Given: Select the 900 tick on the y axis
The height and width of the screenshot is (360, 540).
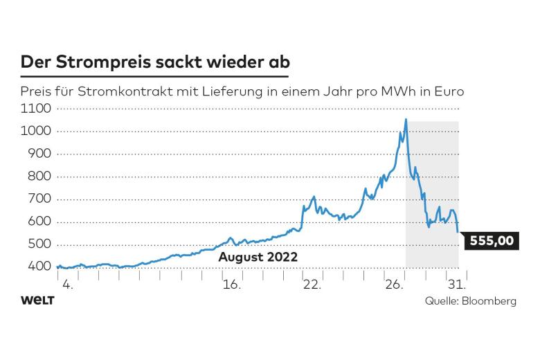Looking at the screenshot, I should [40, 154].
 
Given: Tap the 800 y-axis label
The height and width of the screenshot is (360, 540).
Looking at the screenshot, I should [40, 177].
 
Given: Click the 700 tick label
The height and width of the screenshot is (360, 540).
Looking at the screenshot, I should [40, 199].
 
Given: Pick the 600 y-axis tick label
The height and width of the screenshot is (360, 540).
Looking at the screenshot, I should [40, 222].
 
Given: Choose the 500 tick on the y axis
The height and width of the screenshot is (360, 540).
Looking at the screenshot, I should [40, 244].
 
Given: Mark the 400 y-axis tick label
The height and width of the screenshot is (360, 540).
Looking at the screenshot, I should [40, 267].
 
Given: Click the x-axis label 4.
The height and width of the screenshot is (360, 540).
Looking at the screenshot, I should [67, 284].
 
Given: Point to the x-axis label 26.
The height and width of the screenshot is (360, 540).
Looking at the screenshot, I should [393, 284].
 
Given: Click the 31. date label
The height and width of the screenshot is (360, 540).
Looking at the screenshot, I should [457, 284].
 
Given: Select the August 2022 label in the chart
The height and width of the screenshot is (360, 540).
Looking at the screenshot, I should [258, 257].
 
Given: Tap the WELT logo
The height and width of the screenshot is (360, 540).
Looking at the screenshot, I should [37, 300].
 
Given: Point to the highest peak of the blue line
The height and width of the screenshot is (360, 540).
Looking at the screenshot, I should [406, 120].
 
